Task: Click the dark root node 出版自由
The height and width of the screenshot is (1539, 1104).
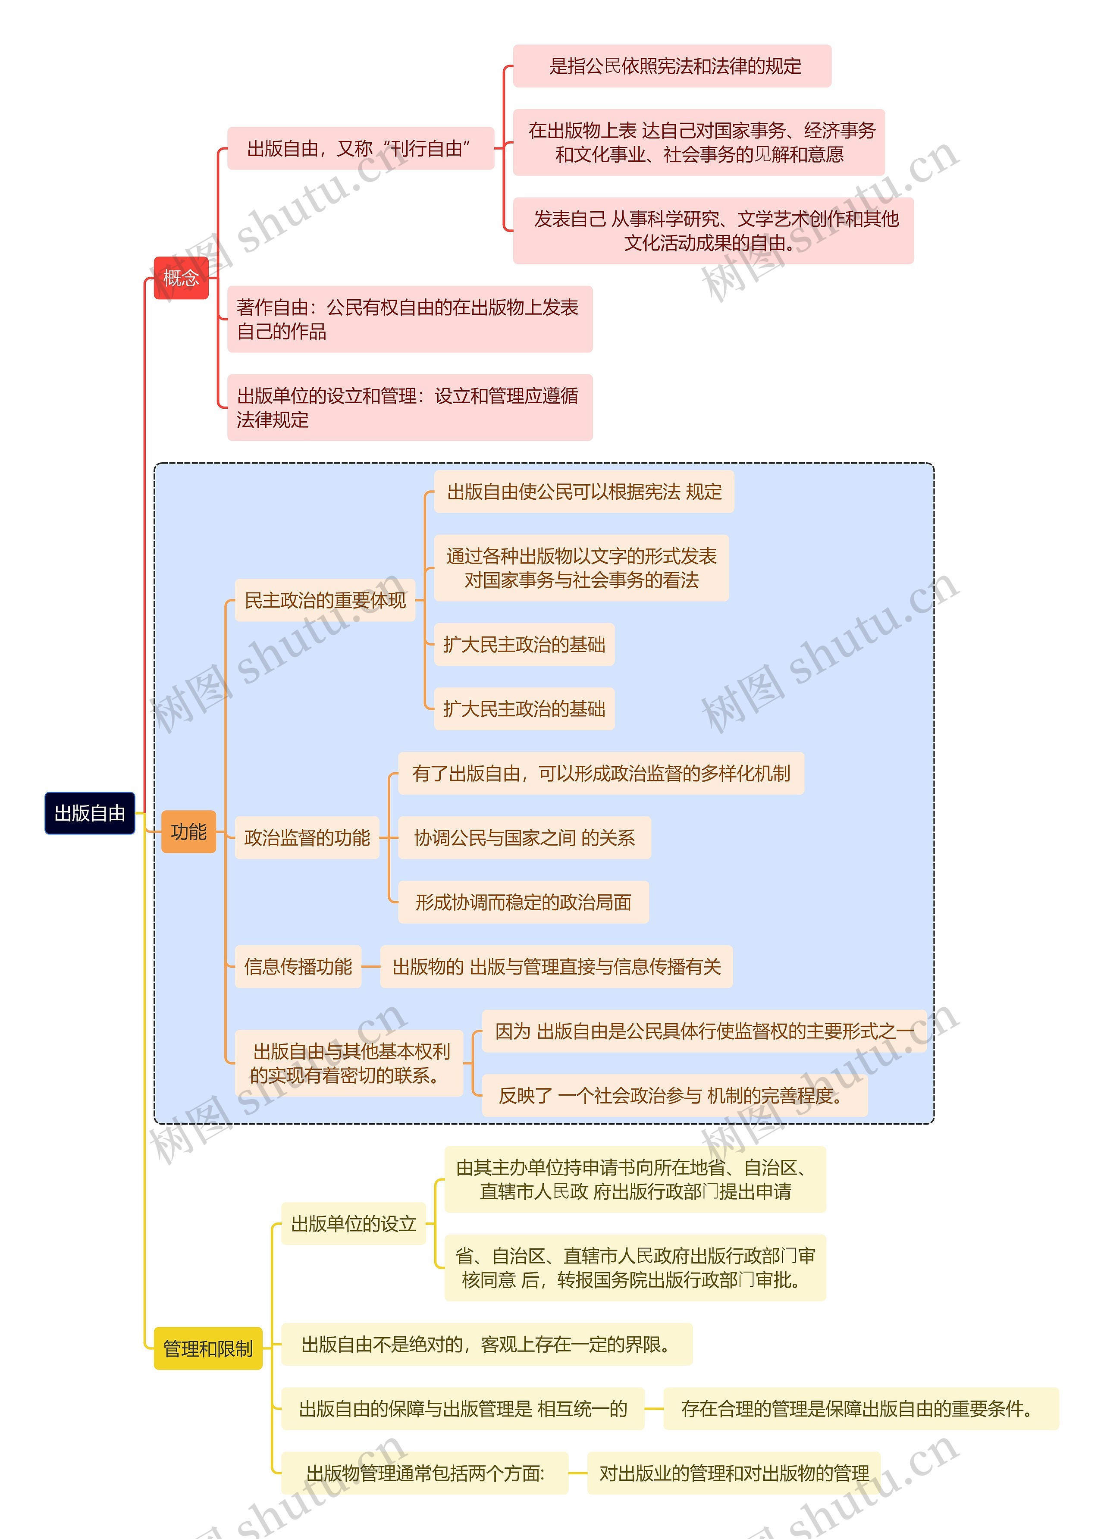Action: tap(90, 812)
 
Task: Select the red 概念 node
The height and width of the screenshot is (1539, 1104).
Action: tap(181, 278)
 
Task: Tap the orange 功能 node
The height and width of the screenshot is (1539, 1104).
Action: tap(188, 831)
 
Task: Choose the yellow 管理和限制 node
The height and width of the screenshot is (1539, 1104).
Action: tap(207, 1348)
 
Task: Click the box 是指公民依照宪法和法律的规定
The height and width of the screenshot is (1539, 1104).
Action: tap(672, 66)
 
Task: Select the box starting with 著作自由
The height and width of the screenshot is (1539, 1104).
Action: tap(409, 319)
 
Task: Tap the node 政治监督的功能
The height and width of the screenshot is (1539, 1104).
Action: tap(307, 837)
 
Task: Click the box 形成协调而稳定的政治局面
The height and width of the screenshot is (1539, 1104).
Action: tap(523, 902)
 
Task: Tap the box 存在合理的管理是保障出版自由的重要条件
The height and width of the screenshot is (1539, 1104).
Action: tap(860, 1409)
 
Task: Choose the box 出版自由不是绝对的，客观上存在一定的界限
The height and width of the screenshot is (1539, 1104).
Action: tap(486, 1344)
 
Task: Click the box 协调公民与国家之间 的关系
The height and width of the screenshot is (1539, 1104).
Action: tap(524, 837)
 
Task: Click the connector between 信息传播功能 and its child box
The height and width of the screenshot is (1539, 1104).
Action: tap(370, 966)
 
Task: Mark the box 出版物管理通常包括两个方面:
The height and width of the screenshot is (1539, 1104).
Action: tap(425, 1473)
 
